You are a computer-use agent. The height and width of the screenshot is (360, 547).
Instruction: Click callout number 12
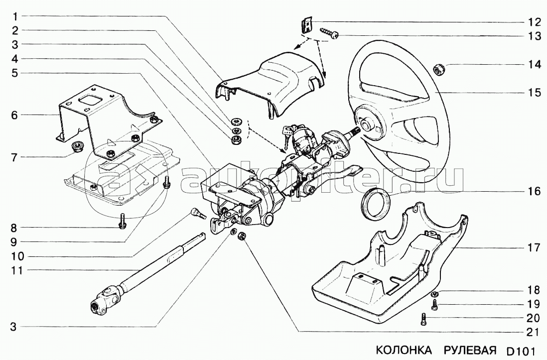point(534,22)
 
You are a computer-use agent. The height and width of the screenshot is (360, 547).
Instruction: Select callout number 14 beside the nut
point(534,65)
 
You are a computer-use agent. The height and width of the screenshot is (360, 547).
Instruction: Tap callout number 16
point(534,192)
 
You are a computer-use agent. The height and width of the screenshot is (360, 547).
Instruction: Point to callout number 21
point(534,331)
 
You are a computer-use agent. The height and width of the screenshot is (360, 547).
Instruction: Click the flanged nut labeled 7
point(78,147)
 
